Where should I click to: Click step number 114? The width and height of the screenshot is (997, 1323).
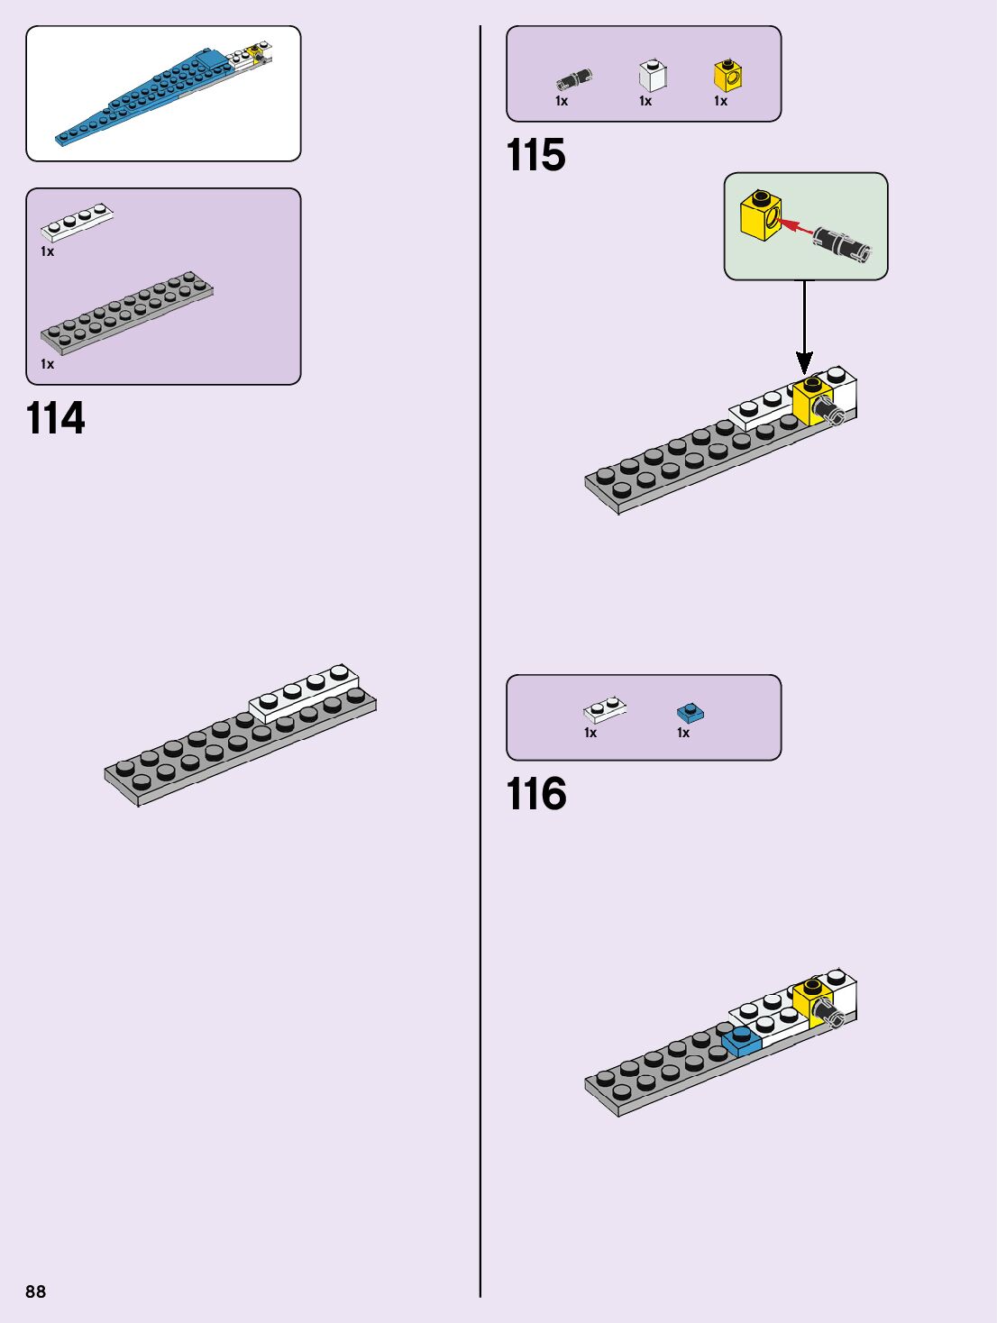(56, 419)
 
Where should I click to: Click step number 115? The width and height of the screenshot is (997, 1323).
(536, 156)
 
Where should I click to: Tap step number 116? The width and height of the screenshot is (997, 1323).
(536, 795)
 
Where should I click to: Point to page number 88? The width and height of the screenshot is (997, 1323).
(35, 1291)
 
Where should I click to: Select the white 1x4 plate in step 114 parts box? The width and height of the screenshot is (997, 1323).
(77, 222)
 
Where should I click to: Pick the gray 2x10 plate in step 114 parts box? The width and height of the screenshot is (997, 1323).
(126, 312)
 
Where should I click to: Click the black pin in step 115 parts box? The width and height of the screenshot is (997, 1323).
(573, 79)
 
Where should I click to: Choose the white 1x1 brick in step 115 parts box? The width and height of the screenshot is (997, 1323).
(652, 76)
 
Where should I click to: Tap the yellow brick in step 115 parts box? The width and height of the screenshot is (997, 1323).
(727, 76)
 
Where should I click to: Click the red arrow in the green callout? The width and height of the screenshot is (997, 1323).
(793, 224)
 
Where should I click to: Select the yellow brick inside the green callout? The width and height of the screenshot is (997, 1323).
(760, 215)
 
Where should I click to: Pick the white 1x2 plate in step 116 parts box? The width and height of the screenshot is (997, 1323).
(605, 710)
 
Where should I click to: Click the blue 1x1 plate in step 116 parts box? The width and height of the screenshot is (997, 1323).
(690, 714)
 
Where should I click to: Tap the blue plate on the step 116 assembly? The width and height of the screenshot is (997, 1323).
(741, 1041)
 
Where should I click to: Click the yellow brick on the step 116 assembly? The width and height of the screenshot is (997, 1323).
(811, 1000)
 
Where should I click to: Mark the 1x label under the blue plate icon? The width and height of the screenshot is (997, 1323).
(683, 733)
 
